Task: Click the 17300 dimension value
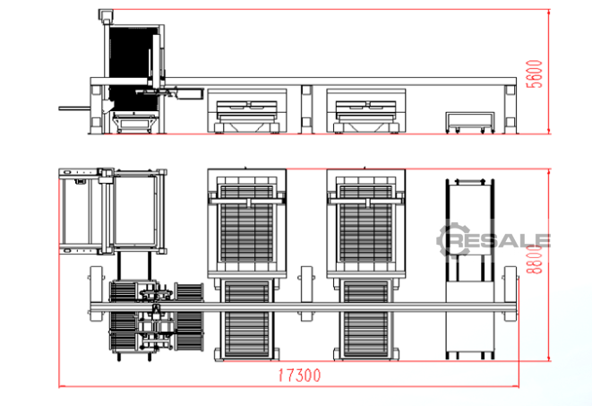point(299,376)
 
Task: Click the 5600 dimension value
point(534,74)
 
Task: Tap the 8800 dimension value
point(534,259)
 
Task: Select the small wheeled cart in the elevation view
point(469,123)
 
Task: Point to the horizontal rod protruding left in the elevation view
point(74,108)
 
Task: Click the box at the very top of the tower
point(106,14)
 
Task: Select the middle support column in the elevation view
point(306,109)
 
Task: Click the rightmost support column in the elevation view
point(510,109)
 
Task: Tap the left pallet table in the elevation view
point(247,111)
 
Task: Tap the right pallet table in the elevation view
point(365,111)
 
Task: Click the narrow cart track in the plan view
point(469,269)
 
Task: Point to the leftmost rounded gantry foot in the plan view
point(96,294)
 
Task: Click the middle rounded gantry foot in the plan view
point(306,294)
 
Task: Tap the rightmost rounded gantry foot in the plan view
point(510,294)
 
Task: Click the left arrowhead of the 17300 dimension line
point(61,386)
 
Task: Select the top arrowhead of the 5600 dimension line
point(549,12)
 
